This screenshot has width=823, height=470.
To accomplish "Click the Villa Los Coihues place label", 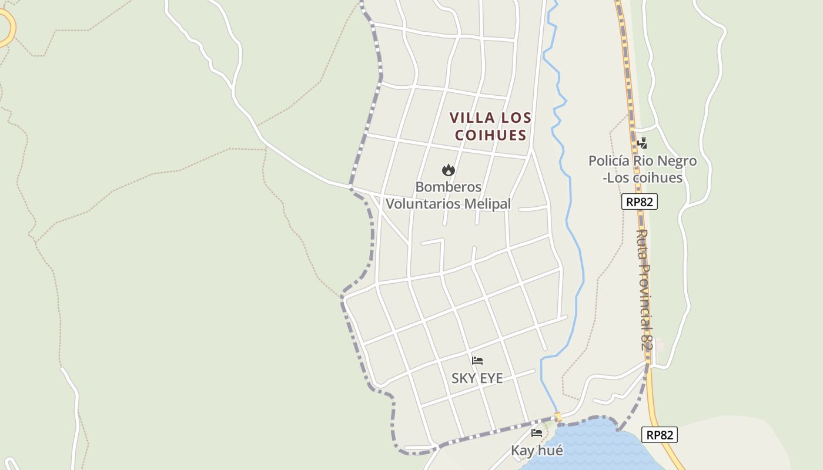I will tap(490, 126).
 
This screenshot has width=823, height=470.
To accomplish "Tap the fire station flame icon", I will tap(449, 170).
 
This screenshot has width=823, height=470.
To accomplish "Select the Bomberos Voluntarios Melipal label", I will tap(448, 195).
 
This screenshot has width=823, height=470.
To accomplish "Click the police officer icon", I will tap(642, 143).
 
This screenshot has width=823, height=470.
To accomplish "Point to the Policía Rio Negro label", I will tap(643, 169).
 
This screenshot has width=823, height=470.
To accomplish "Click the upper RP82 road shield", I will tap(639, 202).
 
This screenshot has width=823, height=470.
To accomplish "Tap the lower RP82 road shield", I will tap(660, 435).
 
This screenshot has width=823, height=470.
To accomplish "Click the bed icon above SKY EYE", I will tap(477, 361).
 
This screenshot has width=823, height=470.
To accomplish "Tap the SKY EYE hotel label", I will tap(477, 378).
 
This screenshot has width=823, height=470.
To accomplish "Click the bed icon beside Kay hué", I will tap(537, 434).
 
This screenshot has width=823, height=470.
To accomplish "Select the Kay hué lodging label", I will tap(537, 451).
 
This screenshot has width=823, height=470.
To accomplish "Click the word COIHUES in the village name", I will tap(490, 135).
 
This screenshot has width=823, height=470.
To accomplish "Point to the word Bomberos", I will tap(448, 187).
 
